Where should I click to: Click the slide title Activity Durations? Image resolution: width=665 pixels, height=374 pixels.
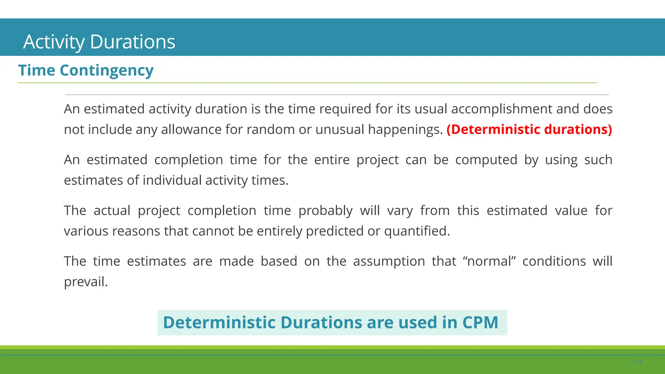99,42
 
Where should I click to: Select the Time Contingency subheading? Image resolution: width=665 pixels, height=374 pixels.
86,70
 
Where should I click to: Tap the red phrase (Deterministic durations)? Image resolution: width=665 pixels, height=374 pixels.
529,130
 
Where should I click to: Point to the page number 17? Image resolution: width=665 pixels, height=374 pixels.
638,363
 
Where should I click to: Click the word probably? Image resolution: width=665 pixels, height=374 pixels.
325,211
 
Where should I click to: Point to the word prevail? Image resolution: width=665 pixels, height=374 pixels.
86,282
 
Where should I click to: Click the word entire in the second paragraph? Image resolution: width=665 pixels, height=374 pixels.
332,160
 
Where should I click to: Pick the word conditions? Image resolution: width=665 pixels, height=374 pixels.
554,261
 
